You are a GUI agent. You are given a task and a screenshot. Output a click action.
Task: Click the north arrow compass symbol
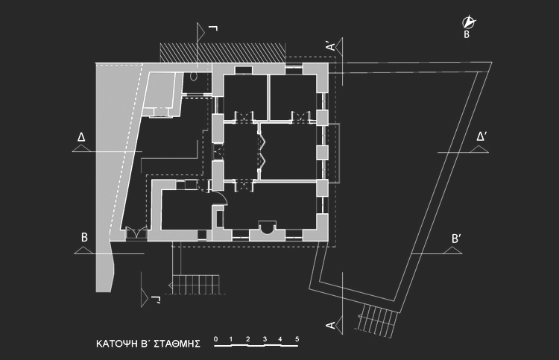click(469, 22)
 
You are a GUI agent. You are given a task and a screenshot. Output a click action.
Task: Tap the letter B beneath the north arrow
click(467, 34)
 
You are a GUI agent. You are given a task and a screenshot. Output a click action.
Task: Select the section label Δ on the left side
click(81, 137)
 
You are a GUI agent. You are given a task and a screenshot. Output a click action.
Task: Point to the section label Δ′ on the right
click(481, 136)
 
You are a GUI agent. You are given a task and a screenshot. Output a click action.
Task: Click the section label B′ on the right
click(456, 239)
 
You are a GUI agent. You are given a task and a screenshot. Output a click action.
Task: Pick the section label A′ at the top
click(331, 46)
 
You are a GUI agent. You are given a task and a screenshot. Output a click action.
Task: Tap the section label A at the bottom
click(331, 325)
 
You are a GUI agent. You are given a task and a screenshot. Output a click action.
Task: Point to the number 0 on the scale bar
click(215, 339)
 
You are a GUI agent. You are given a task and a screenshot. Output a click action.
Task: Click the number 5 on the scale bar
click(297, 339)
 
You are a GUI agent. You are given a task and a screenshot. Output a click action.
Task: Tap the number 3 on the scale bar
click(265, 339)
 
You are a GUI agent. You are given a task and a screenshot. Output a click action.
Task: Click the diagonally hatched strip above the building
click(222, 52)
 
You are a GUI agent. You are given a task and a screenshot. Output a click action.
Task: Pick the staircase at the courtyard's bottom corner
click(377, 320)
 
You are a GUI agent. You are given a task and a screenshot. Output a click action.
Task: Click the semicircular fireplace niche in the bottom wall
click(267, 227)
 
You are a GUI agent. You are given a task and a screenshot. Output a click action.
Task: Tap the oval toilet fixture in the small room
click(193, 77)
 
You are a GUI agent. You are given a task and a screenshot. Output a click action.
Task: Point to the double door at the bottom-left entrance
click(136, 233)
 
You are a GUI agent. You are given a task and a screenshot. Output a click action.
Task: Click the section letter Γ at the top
click(213, 28)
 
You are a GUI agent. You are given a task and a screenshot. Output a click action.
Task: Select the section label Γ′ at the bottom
click(156, 300)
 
